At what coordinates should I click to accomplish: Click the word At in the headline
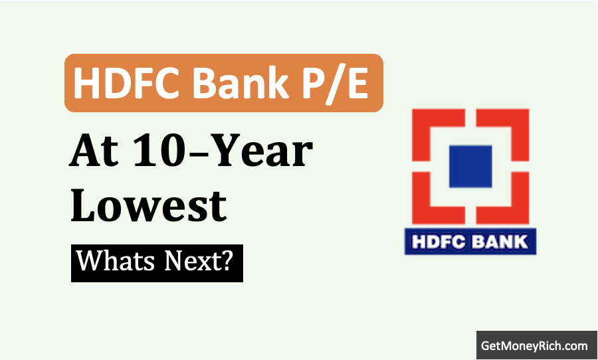[94, 151]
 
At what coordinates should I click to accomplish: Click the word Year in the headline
[265, 150]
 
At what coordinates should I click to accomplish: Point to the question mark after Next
[226, 260]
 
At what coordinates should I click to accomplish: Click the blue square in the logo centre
[470, 166]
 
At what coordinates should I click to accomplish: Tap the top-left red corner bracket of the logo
[422, 118]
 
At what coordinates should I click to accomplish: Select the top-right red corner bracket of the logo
[520, 118]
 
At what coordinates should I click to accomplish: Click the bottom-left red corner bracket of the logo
[422, 215]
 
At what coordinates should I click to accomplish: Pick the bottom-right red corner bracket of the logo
[520, 215]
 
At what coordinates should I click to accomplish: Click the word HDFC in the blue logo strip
[439, 242]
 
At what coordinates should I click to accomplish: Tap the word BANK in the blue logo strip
[500, 242]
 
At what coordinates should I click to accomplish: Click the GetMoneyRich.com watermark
[534, 346]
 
